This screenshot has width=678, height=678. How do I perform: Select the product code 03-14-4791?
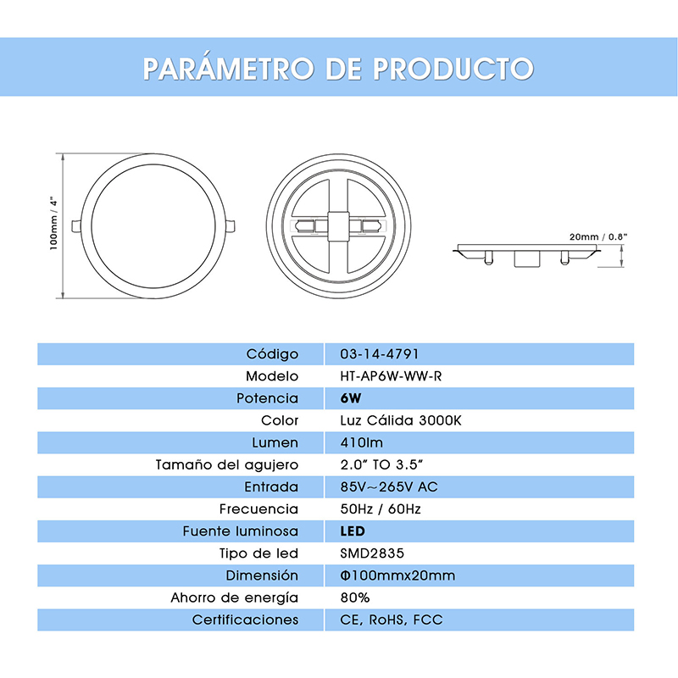point(379,354)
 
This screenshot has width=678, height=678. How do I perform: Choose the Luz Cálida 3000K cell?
point(399,420)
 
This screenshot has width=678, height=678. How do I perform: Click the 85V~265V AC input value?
point(388,487)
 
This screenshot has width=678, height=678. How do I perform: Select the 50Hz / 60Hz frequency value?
point(380,509)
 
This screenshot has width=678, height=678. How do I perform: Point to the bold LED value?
point(352,531)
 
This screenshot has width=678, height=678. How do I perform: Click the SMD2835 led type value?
point(372,553)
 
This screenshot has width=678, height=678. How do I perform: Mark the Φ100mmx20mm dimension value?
point(397,576)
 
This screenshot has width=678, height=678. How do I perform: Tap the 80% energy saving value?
point(354,597)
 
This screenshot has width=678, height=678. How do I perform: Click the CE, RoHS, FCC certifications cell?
point(391,620)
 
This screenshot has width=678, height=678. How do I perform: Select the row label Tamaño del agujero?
point(226,464)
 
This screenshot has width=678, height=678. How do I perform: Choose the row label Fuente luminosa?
point(241,531)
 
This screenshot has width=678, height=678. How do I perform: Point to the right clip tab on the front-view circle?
point(231,225)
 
